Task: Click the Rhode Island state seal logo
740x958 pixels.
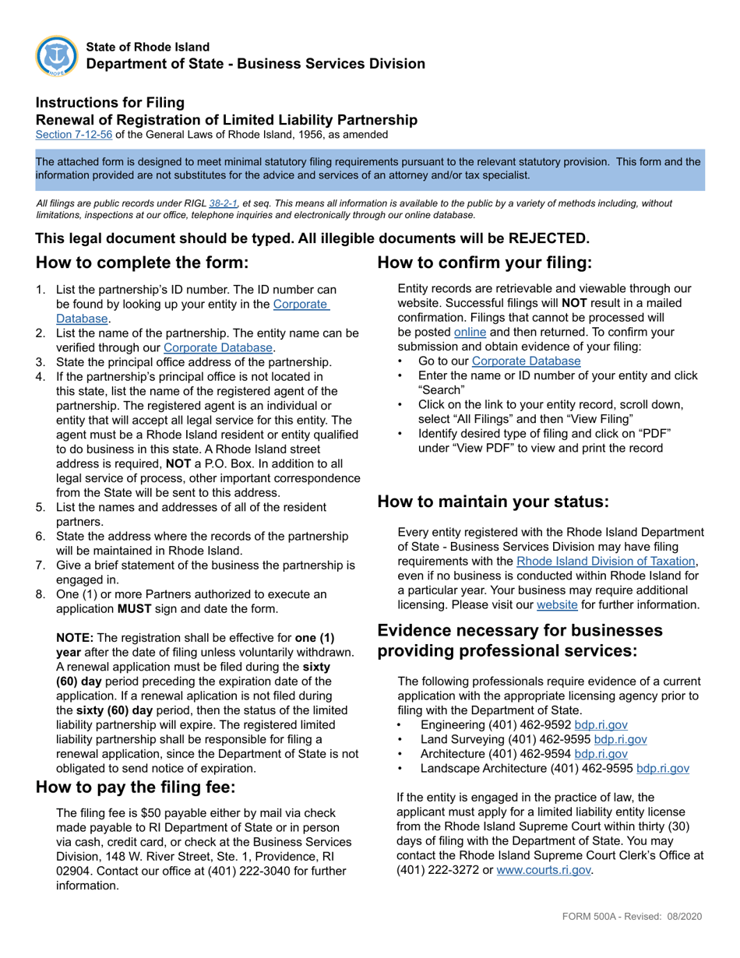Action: [x=57, y=56]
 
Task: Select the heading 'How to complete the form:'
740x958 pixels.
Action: [x=143, y=262]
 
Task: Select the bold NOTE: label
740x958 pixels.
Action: [x=75, y=636]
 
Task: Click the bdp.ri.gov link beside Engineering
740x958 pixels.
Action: [x=601, y=724]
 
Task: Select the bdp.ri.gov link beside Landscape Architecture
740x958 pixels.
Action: [x=662, y=768]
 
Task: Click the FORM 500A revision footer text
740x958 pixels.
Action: [x=632, y=916]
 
